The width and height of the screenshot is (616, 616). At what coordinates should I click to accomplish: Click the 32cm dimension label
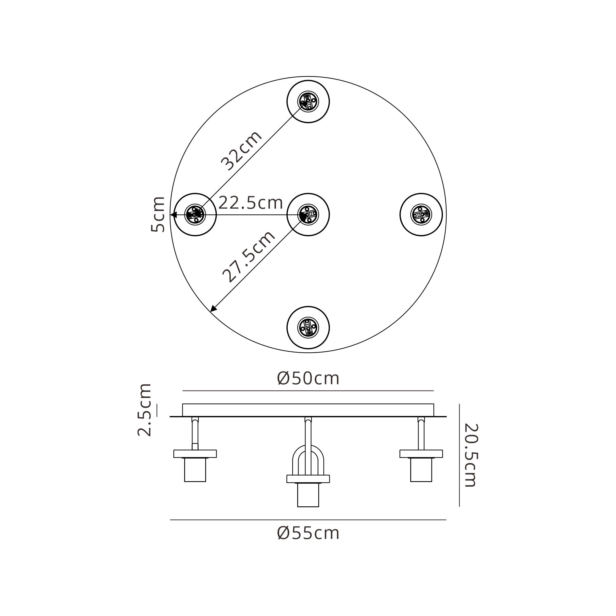coord(241,151)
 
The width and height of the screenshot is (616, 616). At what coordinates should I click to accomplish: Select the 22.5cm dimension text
coord(251,203)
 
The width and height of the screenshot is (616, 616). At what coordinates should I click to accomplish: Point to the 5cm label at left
coord(158,214)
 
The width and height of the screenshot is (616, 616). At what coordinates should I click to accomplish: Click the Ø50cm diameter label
coord(308,379)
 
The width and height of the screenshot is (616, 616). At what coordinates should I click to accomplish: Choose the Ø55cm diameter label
coord(308,533)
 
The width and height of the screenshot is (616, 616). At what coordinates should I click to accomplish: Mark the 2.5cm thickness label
coord(144,410)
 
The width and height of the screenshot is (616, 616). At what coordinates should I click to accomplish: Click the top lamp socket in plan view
coord(308,102)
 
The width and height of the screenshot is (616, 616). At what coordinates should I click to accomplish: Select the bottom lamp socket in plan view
coord(308,327)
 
